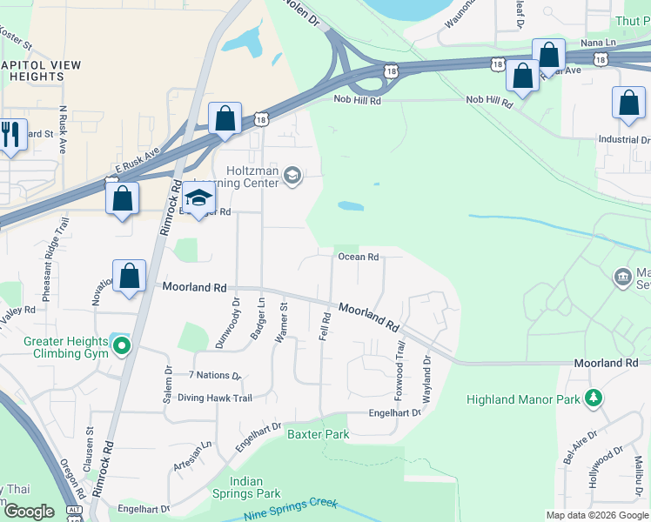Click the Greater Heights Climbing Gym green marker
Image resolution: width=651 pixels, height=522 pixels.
pyautogui.click(x=122, y=346)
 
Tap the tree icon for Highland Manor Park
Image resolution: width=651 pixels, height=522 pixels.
pyautogui.click(x=594, y=398)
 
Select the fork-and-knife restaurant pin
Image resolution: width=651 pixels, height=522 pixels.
pyautogui.click(x=10, y=135)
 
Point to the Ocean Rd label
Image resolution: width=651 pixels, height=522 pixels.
pyautogui.click(x=358, y=257)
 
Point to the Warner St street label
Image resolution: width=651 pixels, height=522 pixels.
pyautogui.click(x=281, y=323)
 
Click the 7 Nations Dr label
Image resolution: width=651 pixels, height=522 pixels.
pyautogui.click(x=214, y=376)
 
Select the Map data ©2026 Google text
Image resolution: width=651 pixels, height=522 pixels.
pyautogui.click(x=596, y=515)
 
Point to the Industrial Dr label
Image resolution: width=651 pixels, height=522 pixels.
pyautogui.click(x=623, y=139)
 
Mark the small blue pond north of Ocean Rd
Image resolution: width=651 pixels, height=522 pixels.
pyautogui.click(x=350, y=206)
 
